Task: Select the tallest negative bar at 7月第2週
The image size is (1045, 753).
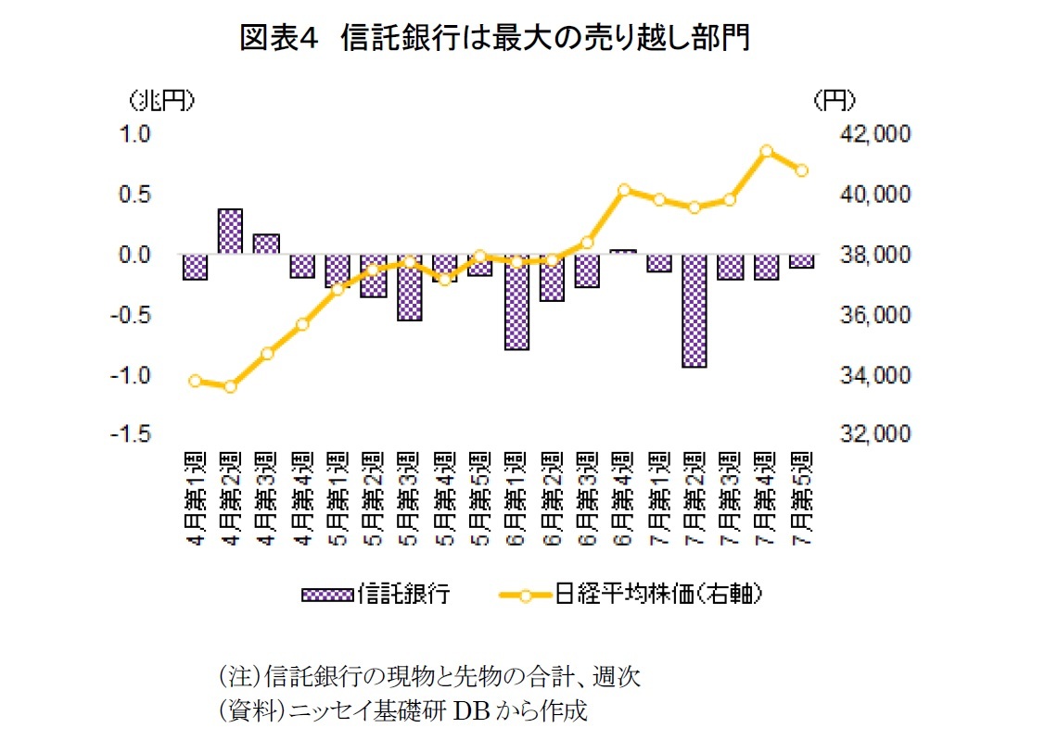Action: pyautogui.click(x=695, y=311)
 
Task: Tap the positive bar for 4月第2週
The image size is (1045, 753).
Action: pyautogui.click(x=231, y=232)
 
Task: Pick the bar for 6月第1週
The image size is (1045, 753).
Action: pyautogui.click(x=516, y=302)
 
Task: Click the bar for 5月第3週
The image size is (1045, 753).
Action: pyautogui.click(x=410, y=287)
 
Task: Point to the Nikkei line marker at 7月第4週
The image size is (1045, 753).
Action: pyautogui.click(x=766, y=151)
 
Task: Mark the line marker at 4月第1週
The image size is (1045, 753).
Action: pyautogui.click(x=195, y=381)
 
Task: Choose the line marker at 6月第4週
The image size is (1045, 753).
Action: pyautogui.click(x=623, y=190)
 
